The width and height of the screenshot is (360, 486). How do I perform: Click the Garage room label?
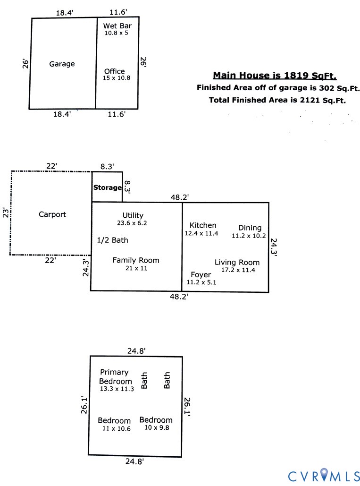pos(62,64)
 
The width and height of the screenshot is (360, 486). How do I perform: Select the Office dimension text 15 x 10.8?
pos(117,78)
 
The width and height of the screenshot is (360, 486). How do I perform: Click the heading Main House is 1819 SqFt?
pos(275,76)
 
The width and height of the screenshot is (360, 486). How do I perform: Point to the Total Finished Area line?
pos(277,100)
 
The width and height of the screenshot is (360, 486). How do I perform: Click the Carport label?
pos(52,214)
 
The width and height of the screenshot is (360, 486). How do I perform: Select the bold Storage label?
pos(107,188)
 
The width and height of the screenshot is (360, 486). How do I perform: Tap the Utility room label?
pos(133,215)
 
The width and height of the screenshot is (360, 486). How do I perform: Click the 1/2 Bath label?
pos(112,240)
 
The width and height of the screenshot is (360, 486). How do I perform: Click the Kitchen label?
pos(203,225)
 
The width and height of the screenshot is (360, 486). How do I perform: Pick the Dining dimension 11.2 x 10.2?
pos(249,235)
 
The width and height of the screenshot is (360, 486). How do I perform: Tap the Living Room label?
pos(237,263)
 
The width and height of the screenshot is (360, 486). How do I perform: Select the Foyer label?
pos(201,275)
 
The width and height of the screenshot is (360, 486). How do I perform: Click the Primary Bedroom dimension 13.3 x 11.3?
pos(117,389)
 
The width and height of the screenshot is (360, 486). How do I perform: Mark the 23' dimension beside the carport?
pos(5,213)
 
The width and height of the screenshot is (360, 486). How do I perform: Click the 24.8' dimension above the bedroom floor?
pos(136,350)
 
